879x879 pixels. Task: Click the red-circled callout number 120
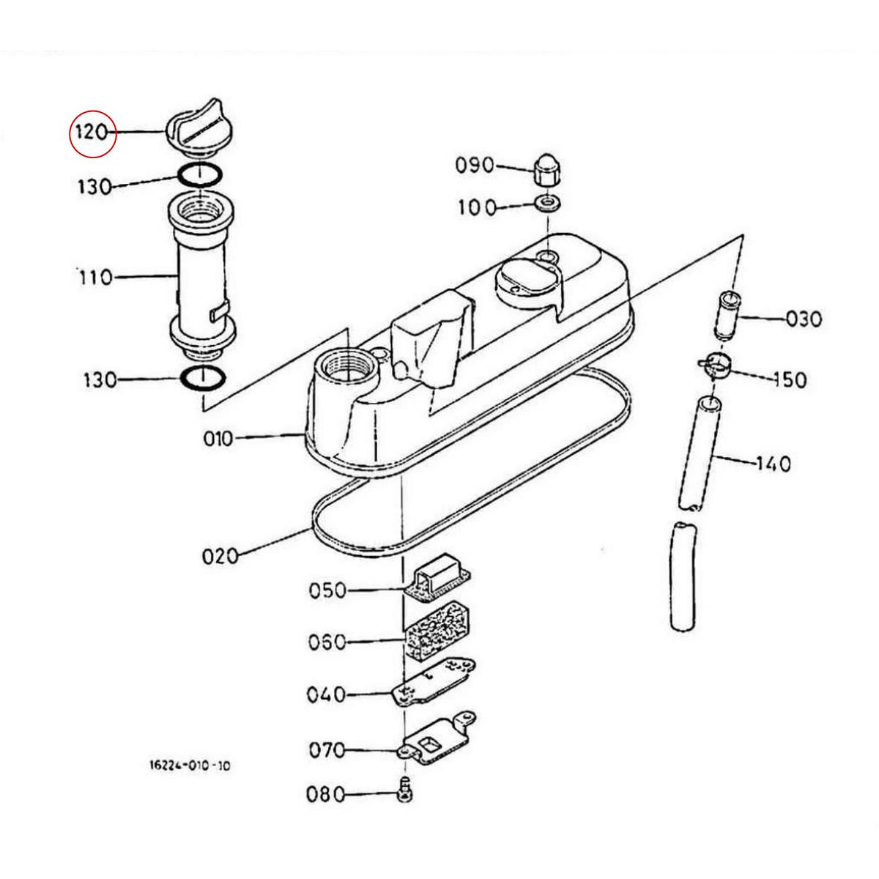pos(92,133)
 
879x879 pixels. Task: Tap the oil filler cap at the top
pos(200,129)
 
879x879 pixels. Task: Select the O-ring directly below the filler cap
pos(200,175)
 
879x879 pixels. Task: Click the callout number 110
pos(95,278)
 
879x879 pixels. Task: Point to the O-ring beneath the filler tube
pos(203,379)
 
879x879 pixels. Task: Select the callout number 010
pos(218,439)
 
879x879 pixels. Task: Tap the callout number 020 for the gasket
pos(220,557)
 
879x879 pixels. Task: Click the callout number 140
pos(774,464)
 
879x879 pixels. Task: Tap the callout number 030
pos(804,319)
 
